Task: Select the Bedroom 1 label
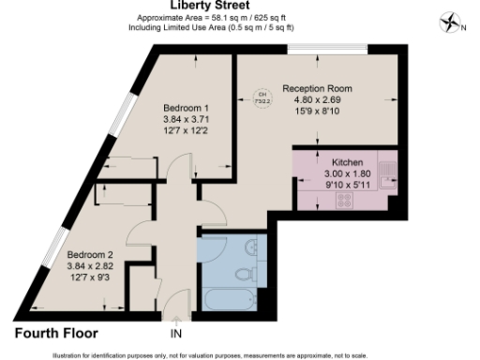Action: [x=186, y=107]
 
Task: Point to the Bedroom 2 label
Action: [x=90, y=254]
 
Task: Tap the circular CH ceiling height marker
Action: [x=264, y=95]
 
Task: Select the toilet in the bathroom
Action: [x=246, y=273]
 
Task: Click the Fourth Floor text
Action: [x=55, y=333]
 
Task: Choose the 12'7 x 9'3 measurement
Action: [x=90, y=277]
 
